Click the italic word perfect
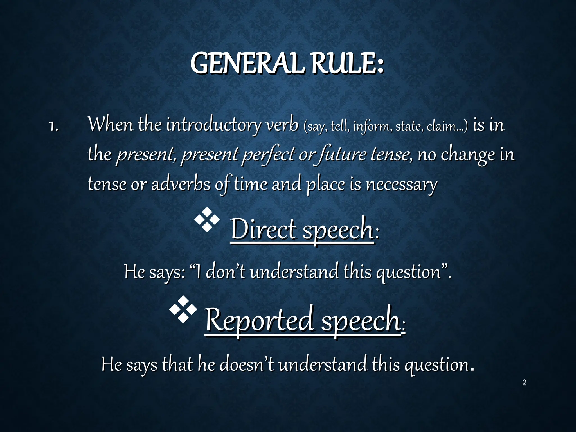point(269,155)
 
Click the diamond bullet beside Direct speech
point(207,220)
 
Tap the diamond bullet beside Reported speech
point(183,309)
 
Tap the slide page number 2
point(524,382)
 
